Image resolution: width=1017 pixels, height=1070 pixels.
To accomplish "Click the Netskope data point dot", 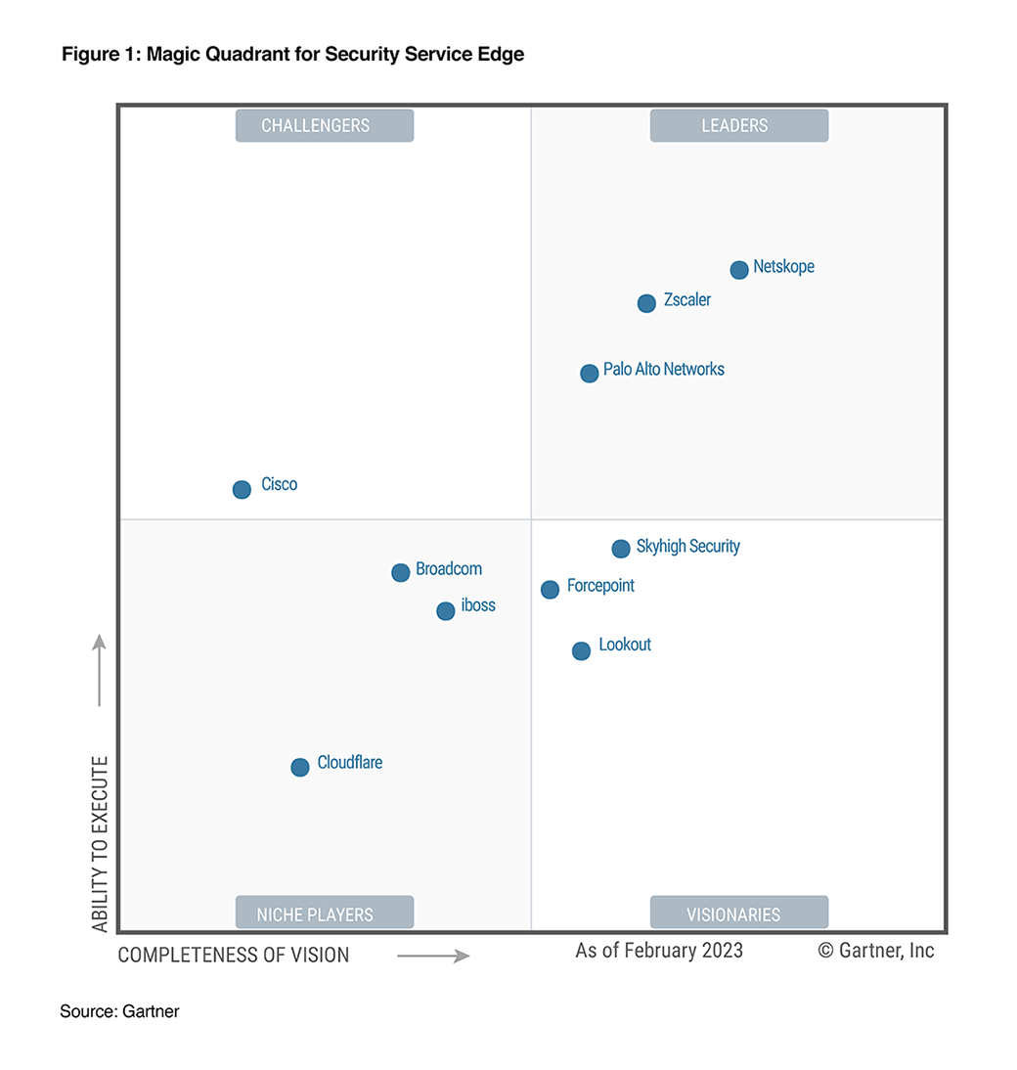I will pyautogui.click(x=739, y=269).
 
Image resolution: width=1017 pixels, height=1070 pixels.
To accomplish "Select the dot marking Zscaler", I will pyautogui.click(x=646, y=303).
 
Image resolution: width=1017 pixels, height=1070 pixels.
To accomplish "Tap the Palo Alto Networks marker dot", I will pyautogui.click(x=589, y=373).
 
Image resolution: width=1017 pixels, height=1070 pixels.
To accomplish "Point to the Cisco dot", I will pyautogui.click(x=242, y=489).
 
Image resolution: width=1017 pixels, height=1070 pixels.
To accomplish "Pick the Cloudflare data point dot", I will pyautogui.click(x=300, y=767).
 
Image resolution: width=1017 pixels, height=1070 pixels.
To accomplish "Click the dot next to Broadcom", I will pyautogui.click(x=400, y=572).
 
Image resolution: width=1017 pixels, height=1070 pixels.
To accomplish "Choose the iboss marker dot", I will pyautogui.click(x=445, y=610).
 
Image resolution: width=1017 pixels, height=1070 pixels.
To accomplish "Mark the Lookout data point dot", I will pyautogui.click(x=581, y=650).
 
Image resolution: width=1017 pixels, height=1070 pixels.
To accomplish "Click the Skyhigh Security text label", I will pyautogui.click(x=687, y=546).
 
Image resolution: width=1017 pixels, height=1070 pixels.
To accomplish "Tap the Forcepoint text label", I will pyautogui.click(x=600, y=585).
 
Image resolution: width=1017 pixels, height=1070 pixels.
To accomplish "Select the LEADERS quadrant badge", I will pyautogui.click(x=738, y=125).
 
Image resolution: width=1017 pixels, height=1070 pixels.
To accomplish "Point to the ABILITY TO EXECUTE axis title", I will pyautogui.click(x=100, y=843).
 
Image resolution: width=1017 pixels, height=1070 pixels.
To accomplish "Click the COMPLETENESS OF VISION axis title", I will pyautogui.click(x=234, y=955).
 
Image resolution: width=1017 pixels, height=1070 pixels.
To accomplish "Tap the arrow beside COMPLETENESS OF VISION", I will pyautogui.click(x=433, y=956).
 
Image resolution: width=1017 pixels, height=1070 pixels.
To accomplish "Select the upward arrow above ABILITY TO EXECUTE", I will pyautogui.click(x=99, y=670).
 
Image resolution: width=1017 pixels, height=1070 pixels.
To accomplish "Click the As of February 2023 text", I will pyautogui.click(x=659, y=950).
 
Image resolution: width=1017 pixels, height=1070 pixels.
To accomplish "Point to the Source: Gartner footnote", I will pyautogui.click(x=119, y=1011).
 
